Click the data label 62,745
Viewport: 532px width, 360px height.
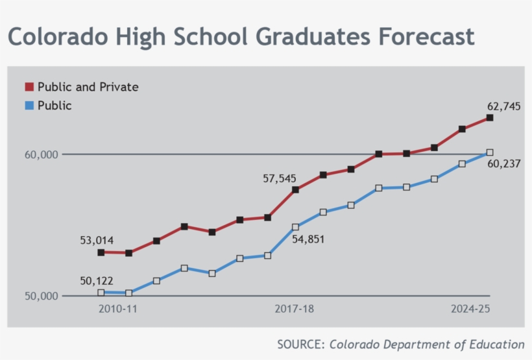[503, 106]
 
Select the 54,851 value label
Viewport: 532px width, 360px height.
[308, 239]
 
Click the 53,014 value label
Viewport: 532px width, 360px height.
[97, 241]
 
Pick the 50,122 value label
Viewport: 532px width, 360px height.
[97, 282]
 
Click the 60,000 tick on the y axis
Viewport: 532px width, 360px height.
[42, 154]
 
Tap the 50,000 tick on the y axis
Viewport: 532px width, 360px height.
[42, 296]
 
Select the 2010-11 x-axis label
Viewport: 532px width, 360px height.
[118, 309]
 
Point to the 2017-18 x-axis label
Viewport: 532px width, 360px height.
[295, 309]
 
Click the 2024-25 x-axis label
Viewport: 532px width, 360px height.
[470, 309]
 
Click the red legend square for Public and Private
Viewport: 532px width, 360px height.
[29, 87]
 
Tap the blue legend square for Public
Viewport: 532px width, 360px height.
[29, 106]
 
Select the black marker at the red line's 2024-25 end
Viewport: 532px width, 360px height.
[490, 118]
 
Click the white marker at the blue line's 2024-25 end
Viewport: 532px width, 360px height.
[490, 152]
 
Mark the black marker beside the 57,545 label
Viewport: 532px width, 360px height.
[295, 190]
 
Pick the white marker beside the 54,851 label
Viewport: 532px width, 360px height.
[295, 227]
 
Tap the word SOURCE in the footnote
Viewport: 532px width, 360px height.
[300, 344]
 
